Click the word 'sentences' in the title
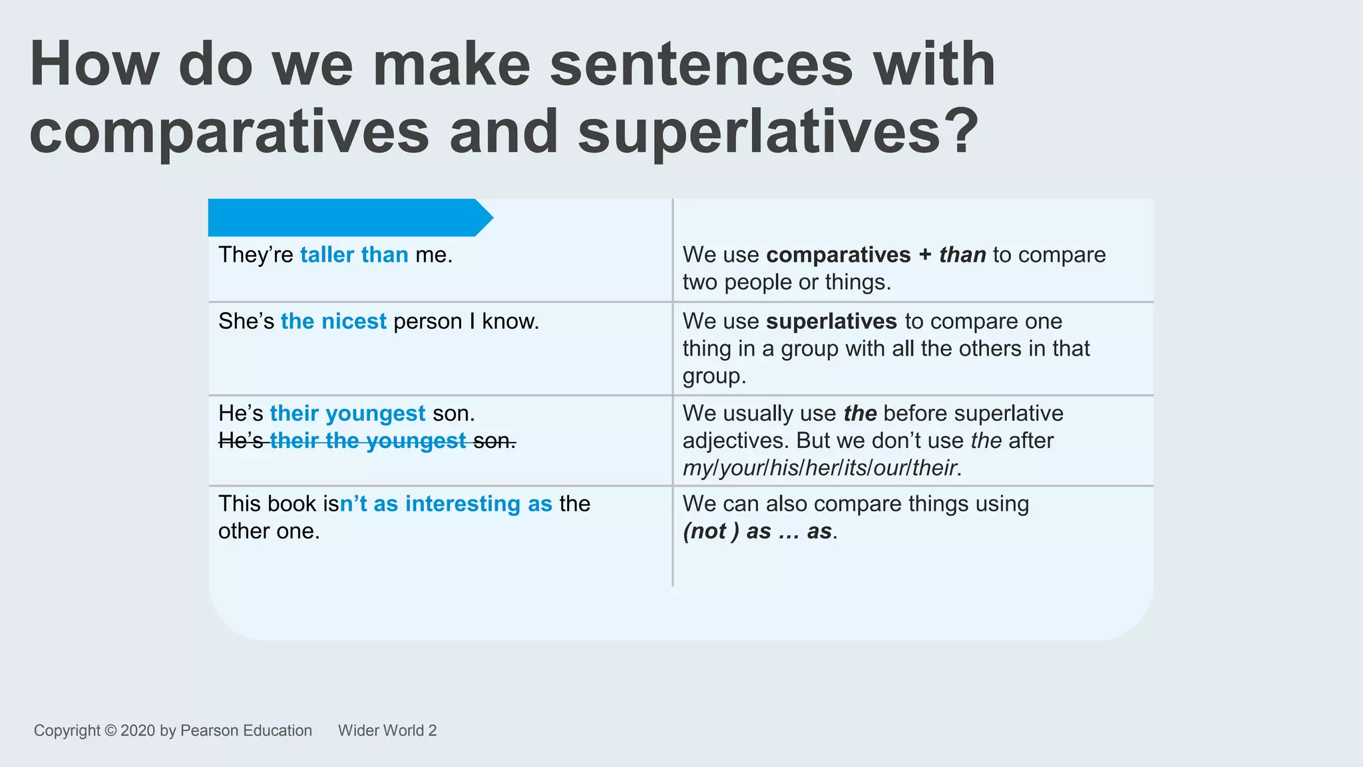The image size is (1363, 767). (x=701, y=65)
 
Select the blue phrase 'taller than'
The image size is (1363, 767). (x=354, y=255)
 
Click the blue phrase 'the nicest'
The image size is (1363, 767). (x=333, y=322)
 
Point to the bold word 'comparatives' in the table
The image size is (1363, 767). (x=838, y=255)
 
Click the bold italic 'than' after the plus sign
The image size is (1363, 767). (x=962, y=255)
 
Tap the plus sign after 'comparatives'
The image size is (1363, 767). (x=924, y=255)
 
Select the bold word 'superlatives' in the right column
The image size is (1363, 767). (x=831, y=322)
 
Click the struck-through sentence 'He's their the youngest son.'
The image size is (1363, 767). (x=367, y=441)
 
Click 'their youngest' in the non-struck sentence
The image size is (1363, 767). (x=347, y=413)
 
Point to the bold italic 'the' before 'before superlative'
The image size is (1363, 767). (x=860, y=413)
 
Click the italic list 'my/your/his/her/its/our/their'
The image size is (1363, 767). (x=819, y=468)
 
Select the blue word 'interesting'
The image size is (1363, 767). (x=463, y=504)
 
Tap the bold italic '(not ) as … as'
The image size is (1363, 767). (x=758, y=531)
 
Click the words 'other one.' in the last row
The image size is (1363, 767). (x=269, y=531)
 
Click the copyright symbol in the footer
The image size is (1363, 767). (x=110, y=730)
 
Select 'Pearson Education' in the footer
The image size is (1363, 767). (x=246, y=730)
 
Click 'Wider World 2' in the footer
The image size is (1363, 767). (x=387, y=730)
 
